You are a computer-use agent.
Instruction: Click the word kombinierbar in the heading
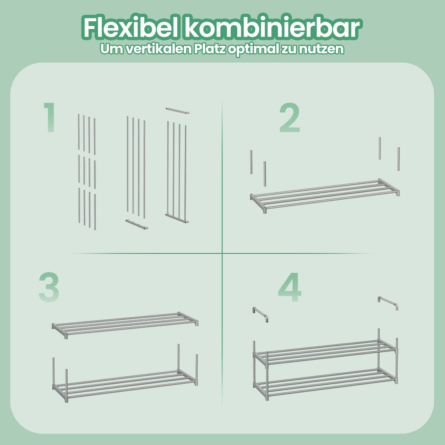coord(271,27)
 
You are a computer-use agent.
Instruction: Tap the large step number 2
coord(290,118)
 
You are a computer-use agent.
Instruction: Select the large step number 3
coord(49,287)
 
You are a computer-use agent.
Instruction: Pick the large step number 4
coord(290,287)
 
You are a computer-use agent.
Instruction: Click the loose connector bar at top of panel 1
coord(178,111)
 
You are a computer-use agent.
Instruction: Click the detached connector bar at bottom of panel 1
coord(137,224)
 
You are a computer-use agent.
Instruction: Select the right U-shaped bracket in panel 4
coord(388,303)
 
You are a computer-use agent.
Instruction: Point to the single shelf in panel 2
coord(325,195)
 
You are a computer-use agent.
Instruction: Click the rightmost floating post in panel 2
coord(398,159)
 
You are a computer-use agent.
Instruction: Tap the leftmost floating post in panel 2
coord(251,162)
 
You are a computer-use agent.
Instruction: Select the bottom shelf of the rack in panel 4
coord(325,385)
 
